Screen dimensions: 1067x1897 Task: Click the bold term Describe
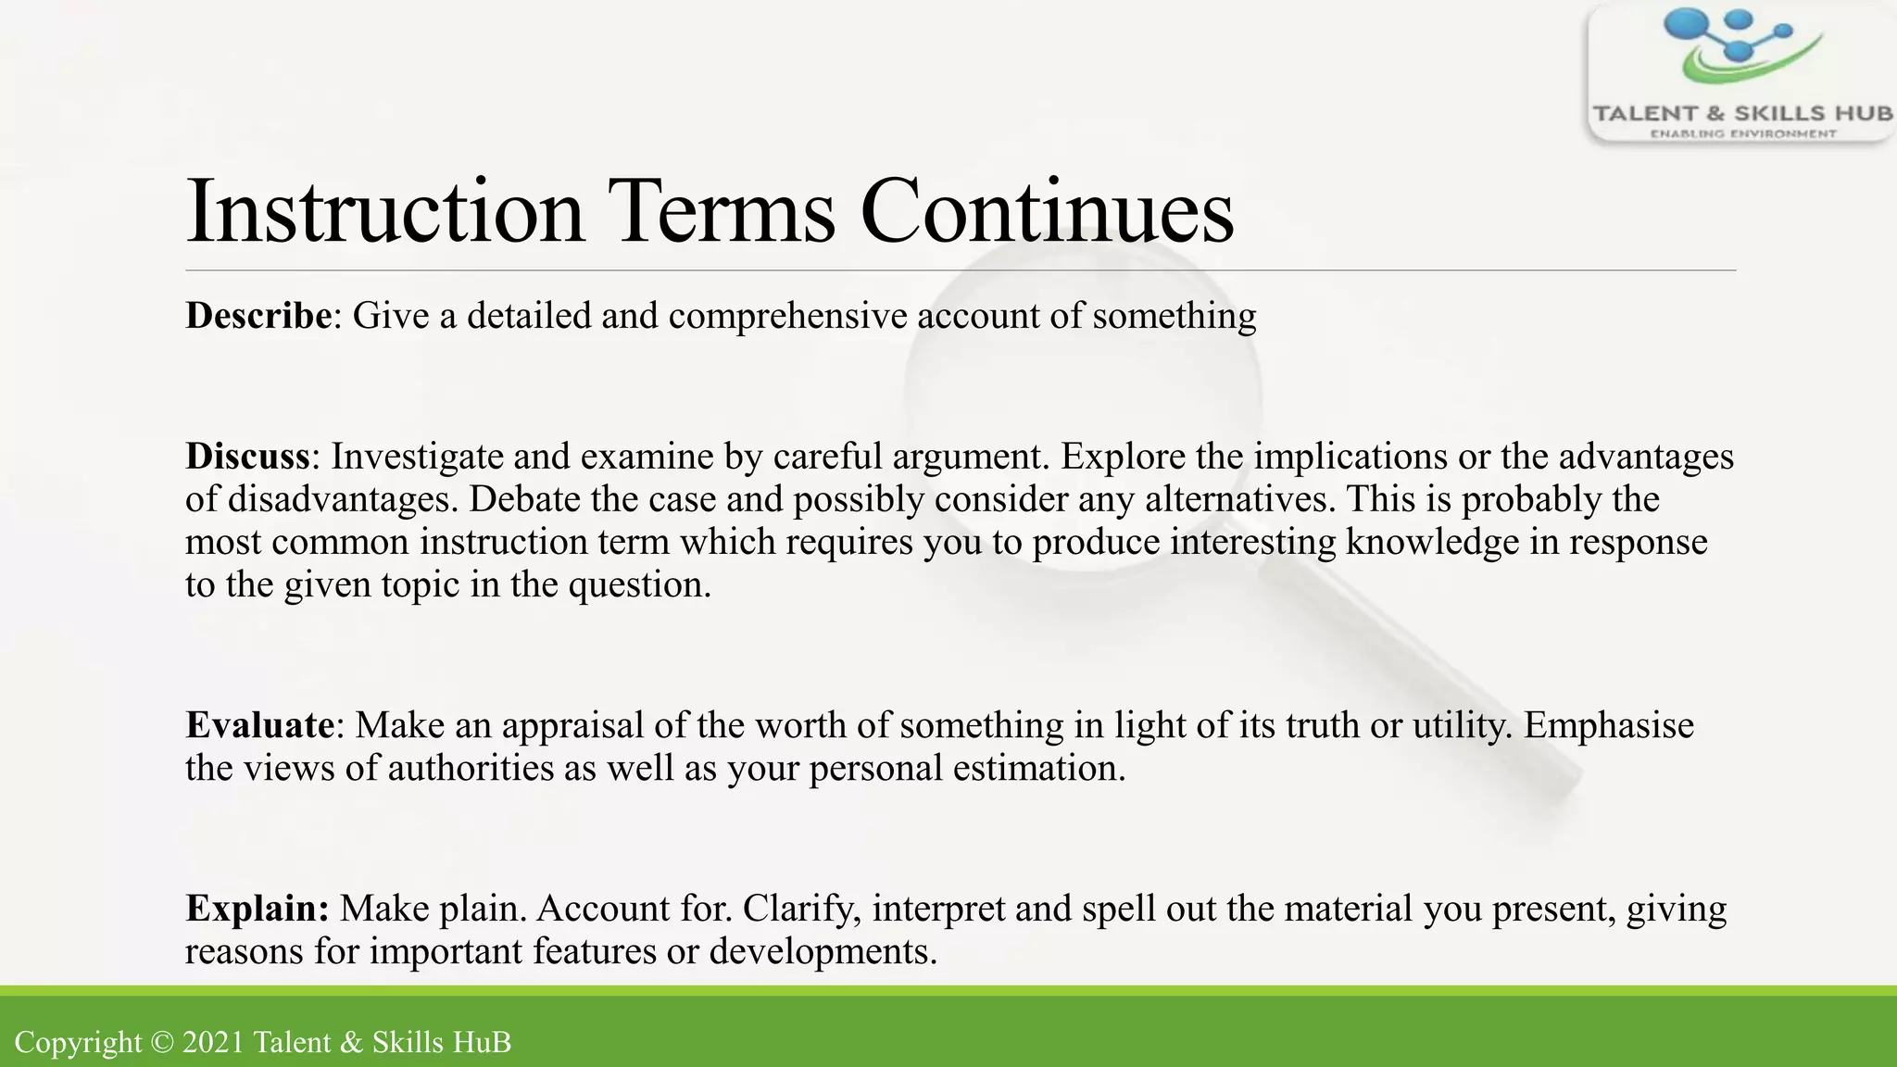258,316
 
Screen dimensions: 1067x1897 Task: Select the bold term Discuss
247,457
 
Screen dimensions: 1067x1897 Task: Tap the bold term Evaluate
259,725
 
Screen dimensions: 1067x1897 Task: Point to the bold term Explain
257,909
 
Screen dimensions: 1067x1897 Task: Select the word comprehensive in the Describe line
787,317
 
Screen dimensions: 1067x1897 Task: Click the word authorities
470,769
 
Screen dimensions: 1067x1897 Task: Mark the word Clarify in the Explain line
801,910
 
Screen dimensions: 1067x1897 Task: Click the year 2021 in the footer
213,1043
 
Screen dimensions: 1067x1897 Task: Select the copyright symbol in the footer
161,1043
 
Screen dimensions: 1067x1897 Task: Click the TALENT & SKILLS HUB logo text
1742,114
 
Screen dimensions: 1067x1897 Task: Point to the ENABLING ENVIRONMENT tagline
1742,134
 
